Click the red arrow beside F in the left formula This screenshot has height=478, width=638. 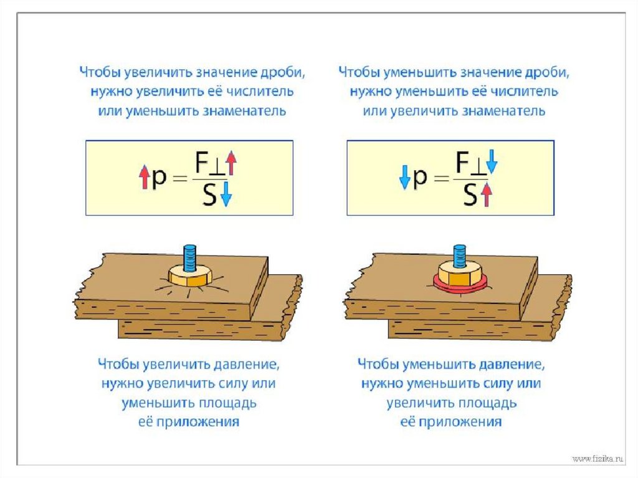coord(231,163)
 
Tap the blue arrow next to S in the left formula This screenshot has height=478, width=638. coord(226,195)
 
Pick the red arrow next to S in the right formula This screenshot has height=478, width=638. coord(487,195)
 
